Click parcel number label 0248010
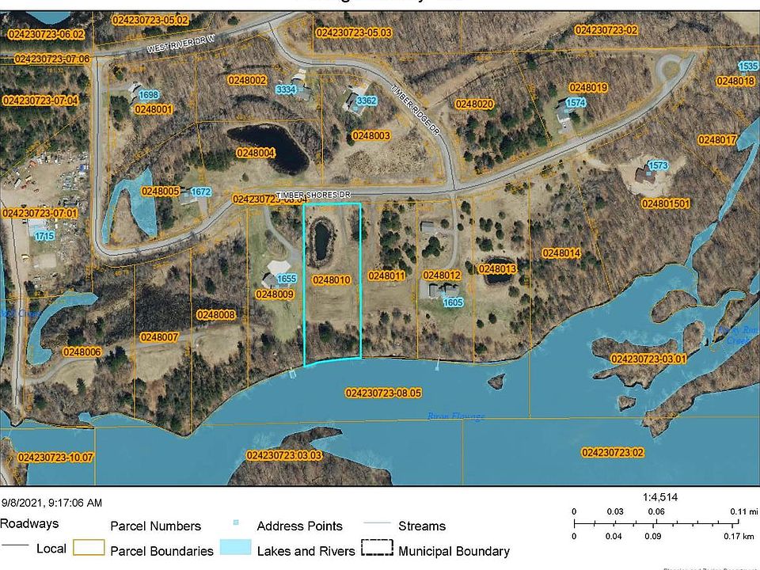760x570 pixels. click(x=332, y=279)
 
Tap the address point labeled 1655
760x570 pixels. click(x=287, y=279)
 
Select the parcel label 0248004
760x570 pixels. click(x=256, y=152)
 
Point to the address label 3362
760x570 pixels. click(x=367, y=101)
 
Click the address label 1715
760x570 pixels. click(x=44, y=236)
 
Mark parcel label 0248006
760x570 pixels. click(x=82, y=351)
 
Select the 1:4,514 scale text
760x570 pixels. click(x=660, y=497)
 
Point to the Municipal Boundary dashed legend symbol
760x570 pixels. click(x=377, y=549)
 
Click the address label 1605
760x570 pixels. click(x=453, y=302)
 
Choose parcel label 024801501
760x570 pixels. click(x=666, y=203)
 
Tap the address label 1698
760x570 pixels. click(x=150, y=95)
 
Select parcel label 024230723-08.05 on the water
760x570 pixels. click(x=384, y=393)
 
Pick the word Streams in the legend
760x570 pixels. click(x=421, y=526)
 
